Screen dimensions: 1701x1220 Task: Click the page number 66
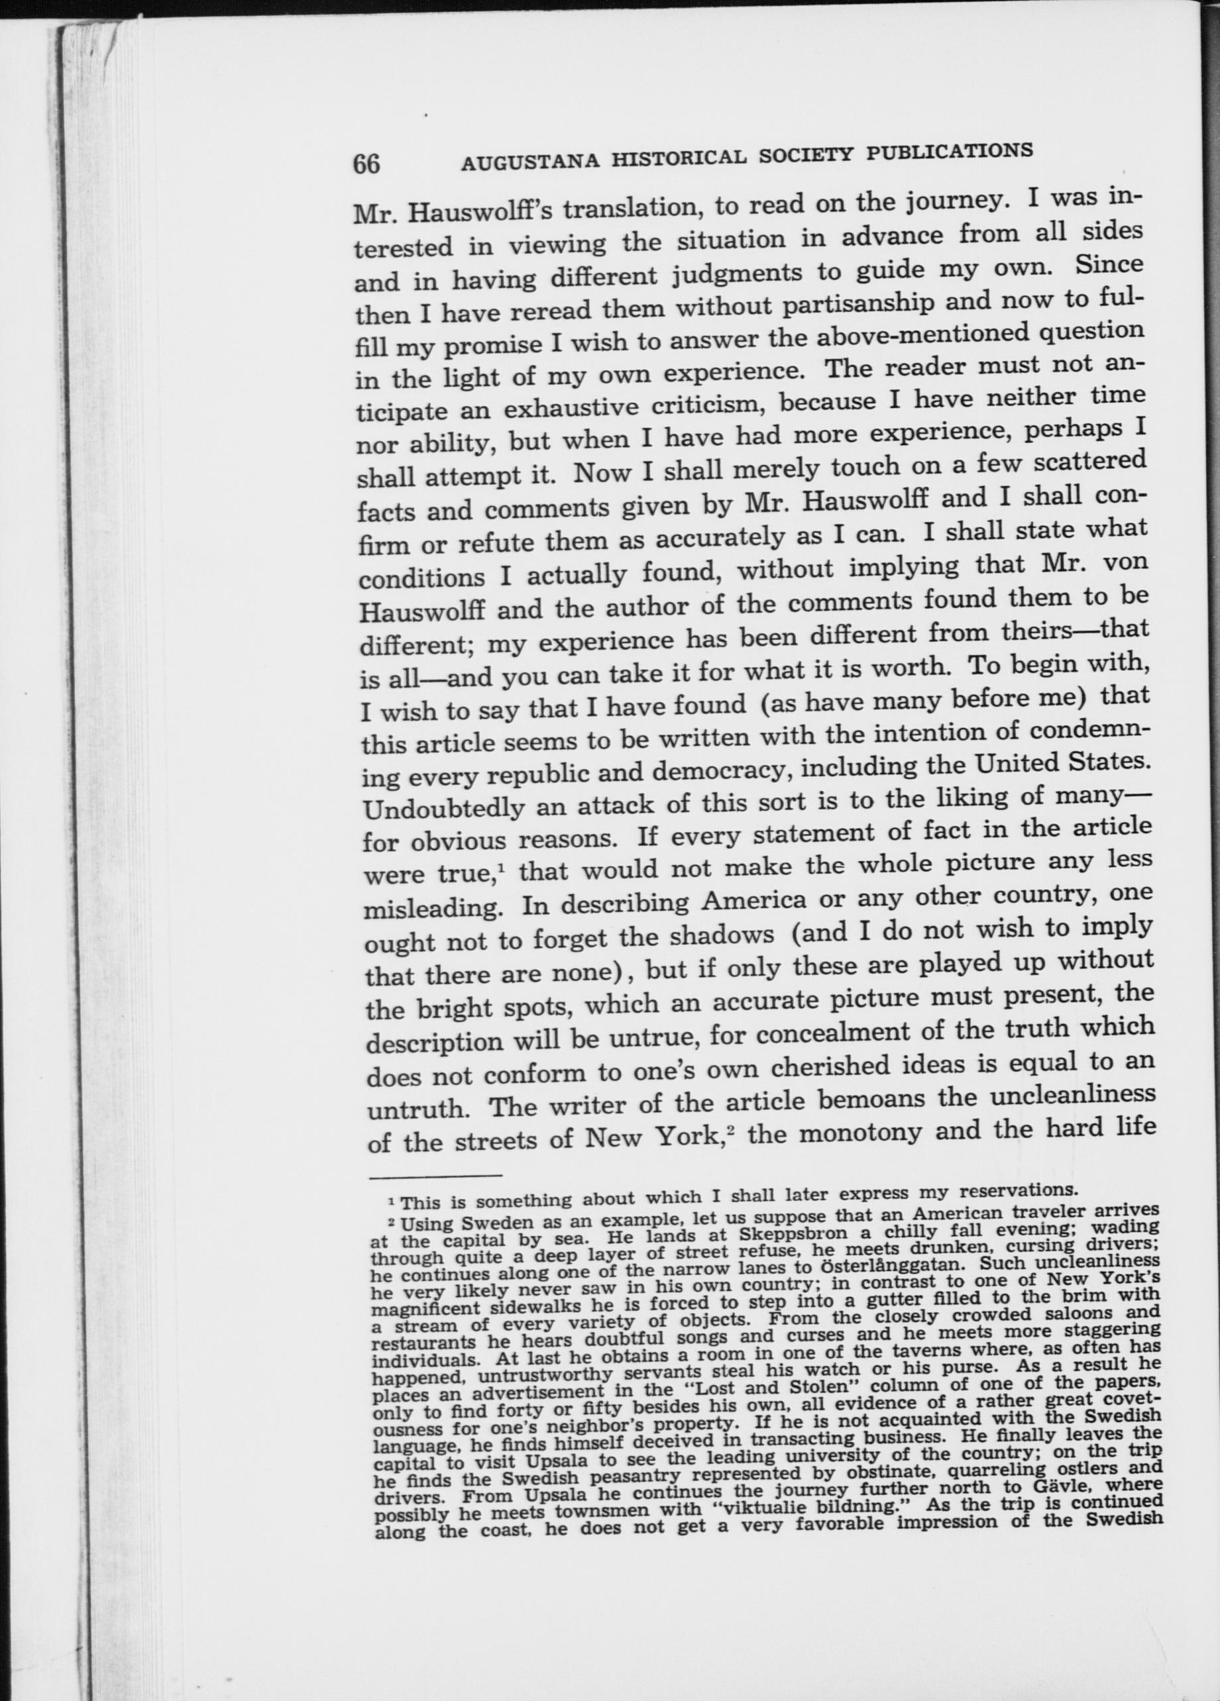[367, 163]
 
